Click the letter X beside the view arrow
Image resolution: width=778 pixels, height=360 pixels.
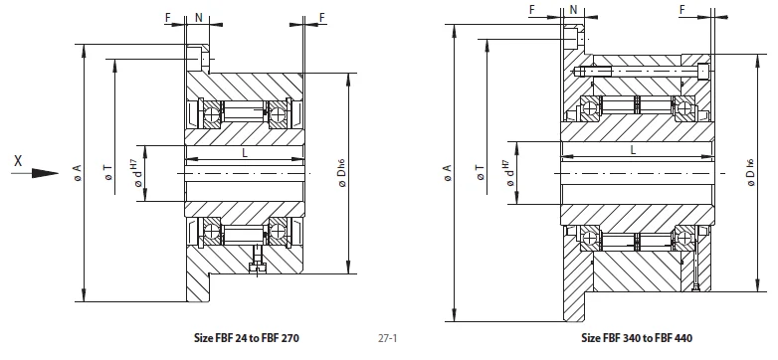click(18, 161)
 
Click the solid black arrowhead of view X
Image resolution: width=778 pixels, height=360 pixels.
click(45, 173)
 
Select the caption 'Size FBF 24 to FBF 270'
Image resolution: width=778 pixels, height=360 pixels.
click(247, 338)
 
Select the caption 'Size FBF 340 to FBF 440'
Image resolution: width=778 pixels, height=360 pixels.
click(637, 338)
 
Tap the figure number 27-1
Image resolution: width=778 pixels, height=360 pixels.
click(388, 339)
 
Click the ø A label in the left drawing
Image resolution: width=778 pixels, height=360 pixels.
click(77, 173)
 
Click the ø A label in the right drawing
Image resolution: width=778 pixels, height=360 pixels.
click(447, 173)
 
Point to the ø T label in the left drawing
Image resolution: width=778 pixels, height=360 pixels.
click(108, 173)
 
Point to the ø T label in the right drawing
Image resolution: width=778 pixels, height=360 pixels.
click(480, 173)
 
